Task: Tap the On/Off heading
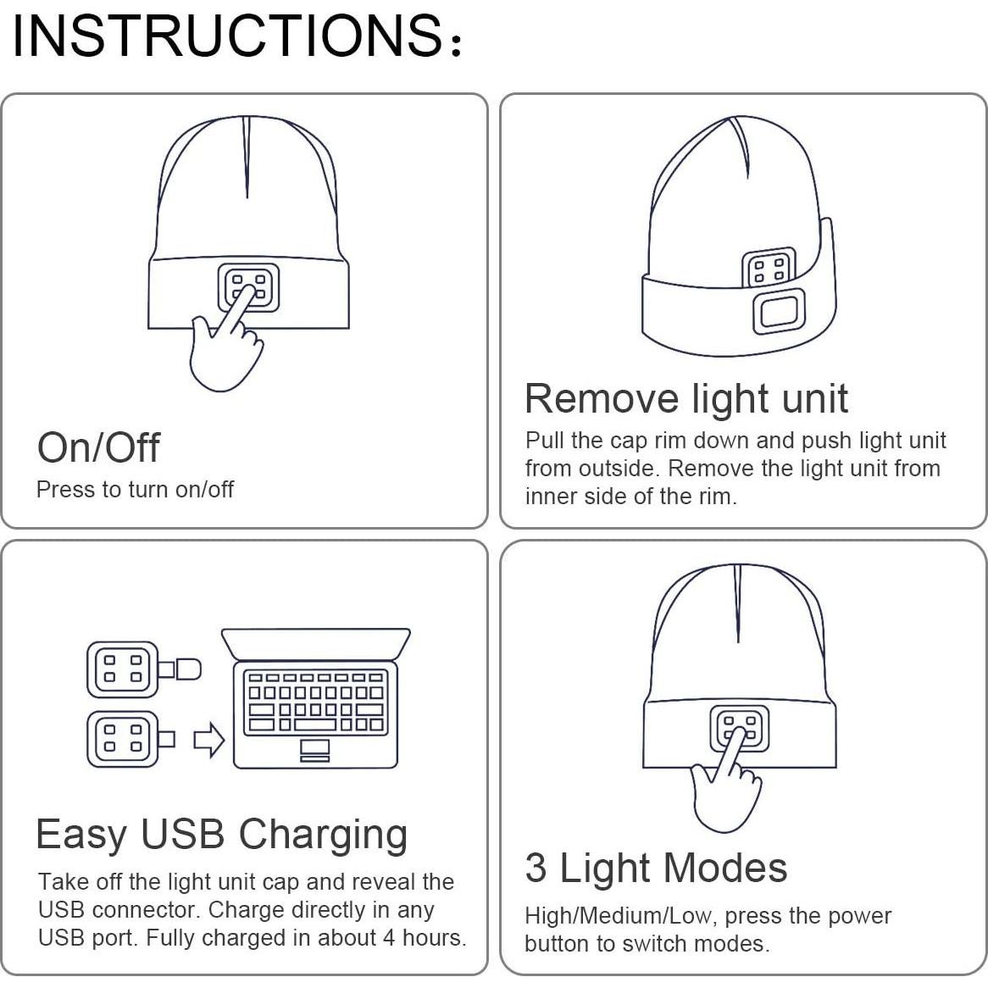tap(98, 447)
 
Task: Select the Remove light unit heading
tap(685, 398)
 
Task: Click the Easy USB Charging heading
tap(222, 834)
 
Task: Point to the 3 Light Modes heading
tap(656, 868)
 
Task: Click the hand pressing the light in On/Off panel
tap(222, 347)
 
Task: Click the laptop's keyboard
tap(315, 701)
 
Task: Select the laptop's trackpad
tap(315, 749)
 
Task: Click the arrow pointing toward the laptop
tap(209, 740)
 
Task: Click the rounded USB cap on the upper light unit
tap(188, 669)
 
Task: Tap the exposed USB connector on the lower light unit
tap(166, 740)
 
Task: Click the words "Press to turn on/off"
tap(135, 490)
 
